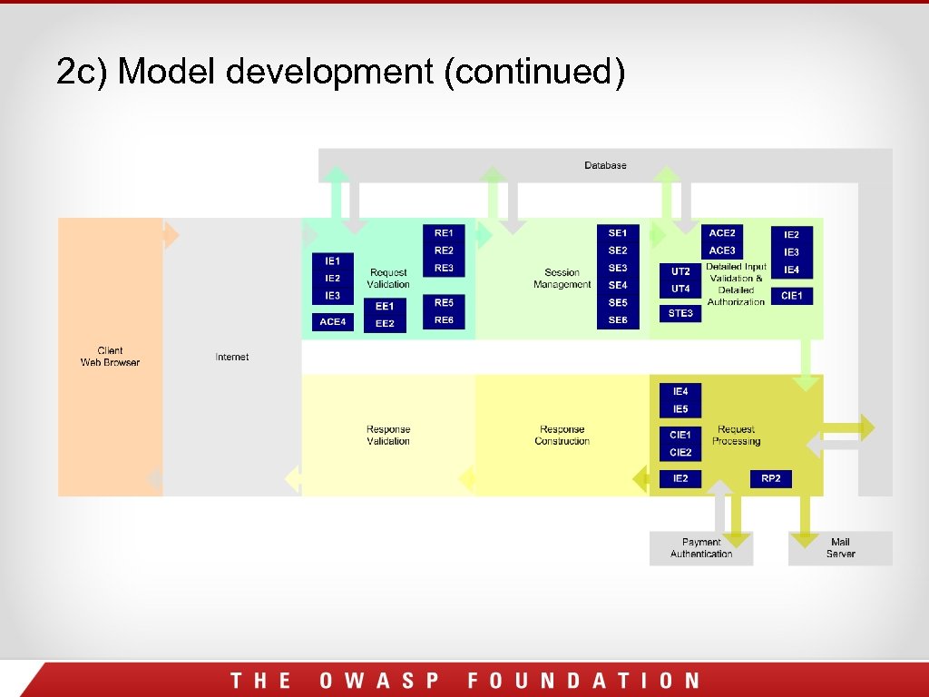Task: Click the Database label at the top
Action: (605, 165)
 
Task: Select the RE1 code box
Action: (444, 232)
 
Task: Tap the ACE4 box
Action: (333, 321)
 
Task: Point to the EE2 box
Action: (385, 323)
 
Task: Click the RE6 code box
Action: (444, 319)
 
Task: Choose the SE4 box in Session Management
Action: (618, 285)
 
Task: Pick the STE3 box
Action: (680, 313)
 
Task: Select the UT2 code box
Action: (680, 270)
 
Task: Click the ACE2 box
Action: (722, 233)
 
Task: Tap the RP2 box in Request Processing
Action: (771, 478)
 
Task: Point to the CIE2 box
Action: (680, 452)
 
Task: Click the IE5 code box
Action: (680, 409)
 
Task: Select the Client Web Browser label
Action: (110, 357)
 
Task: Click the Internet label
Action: (232, 357)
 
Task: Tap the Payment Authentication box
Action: (701, 548)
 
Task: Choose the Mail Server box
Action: (840, 548)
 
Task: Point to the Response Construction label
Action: (562, 436)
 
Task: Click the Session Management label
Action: (562, 278)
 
